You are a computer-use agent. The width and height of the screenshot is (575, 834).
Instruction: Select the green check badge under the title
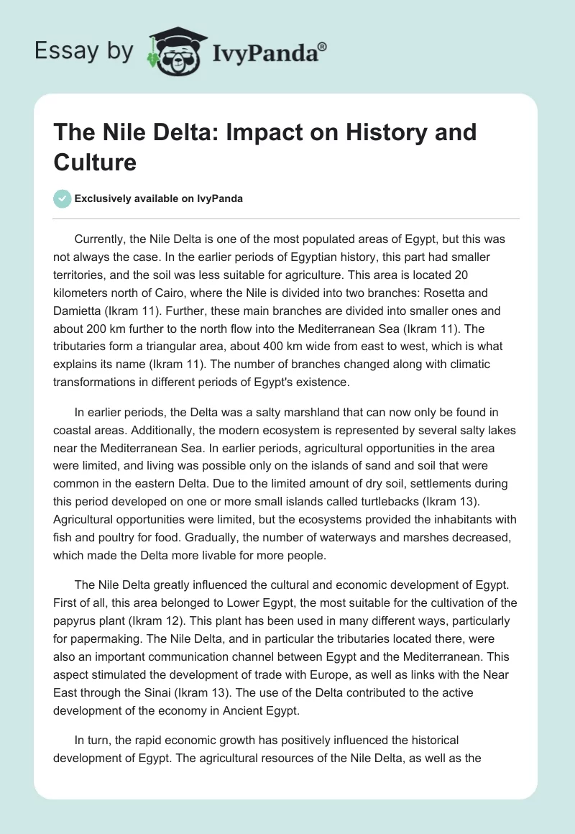pyautogui.click(x=63, y=198)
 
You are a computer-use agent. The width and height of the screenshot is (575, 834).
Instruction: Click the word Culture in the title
pyautogui.click(x=95, y=162)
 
